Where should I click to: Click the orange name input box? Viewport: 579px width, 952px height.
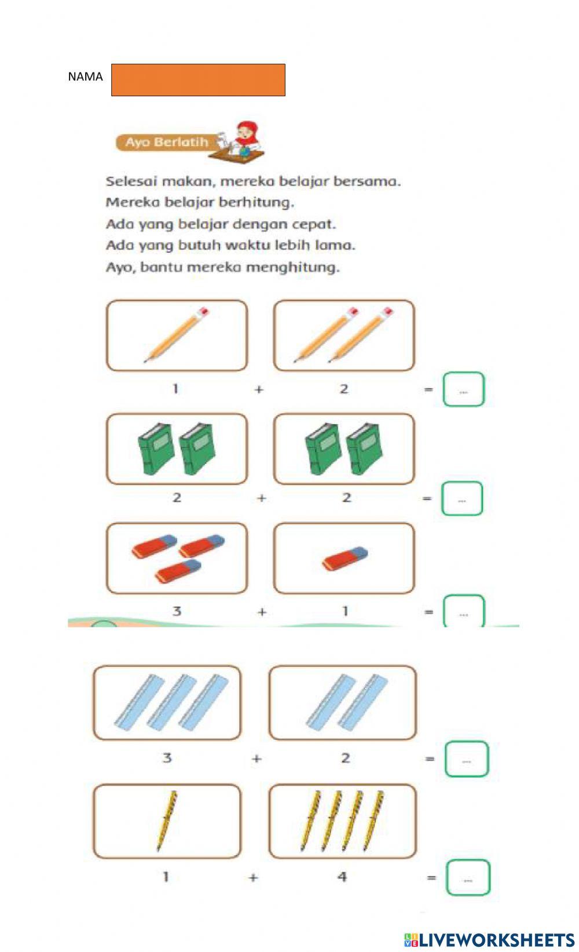(198, 80)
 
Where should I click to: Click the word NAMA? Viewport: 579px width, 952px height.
(85, 77)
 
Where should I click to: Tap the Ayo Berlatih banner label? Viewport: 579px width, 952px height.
(167, 142)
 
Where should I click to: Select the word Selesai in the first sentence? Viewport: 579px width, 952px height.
(131, 181)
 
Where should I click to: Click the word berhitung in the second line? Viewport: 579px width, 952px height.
(256, 203)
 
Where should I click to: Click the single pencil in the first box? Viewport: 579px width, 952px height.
(176, 335)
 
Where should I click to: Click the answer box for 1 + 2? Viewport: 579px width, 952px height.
(463, 389)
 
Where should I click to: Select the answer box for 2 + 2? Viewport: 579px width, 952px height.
(462, 498)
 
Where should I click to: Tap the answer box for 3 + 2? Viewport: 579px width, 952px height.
(467, 759)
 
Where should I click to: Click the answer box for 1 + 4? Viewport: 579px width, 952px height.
(468, 878)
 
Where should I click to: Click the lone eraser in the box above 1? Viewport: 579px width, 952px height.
(345, 559)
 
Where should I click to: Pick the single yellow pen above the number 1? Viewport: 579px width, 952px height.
(167, 820)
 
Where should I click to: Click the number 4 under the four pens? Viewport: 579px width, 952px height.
(342, 877)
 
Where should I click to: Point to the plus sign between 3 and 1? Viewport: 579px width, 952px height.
(262, 612)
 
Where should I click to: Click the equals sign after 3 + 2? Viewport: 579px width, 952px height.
(430, 758)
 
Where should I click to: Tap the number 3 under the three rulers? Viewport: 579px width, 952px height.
(167, 757)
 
